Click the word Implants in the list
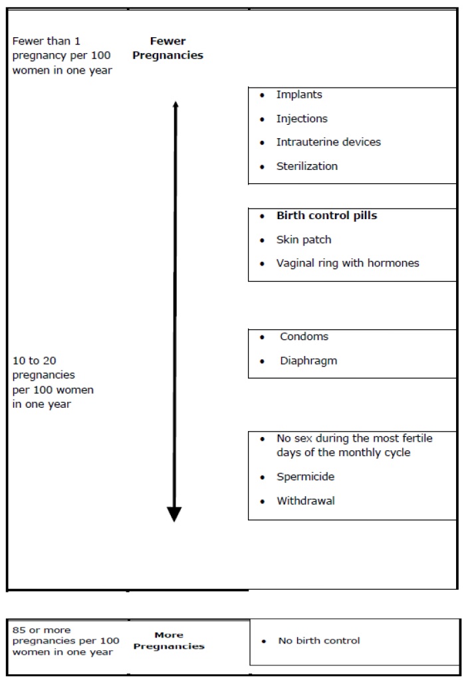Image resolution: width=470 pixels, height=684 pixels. tap(299, 95)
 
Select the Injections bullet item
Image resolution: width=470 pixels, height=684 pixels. tap(302, 119)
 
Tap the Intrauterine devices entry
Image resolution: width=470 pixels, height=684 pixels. tap(328, 142)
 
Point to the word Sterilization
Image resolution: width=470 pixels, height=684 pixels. tap(307, 166)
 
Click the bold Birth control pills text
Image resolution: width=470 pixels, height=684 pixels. tap(326, 216)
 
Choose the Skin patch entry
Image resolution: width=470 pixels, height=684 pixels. tap(303, 240)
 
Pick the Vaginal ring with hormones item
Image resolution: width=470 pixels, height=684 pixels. tap(348, 263)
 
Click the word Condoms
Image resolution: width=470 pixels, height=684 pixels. tap(304, 337)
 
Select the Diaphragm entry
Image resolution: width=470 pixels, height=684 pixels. tap(308, 361)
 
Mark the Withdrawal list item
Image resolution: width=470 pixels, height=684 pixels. tap(305, 501)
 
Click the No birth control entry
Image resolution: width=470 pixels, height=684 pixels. tap(319, 641)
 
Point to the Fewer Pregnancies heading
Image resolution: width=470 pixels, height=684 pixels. tap(168, 48)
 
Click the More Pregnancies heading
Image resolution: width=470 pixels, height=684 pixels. tap(169, 640)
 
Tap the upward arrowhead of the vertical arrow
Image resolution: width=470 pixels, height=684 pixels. tap(175, 104)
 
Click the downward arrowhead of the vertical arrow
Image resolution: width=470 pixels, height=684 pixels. tap(174, 514)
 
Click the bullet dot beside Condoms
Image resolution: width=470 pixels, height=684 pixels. tap(263, 337)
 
